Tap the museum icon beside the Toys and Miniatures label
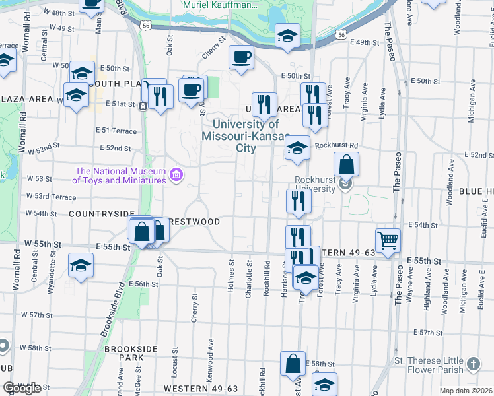click(177, 174)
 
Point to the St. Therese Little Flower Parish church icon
click(473, 364)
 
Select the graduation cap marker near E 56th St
click(81, 266)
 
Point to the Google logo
click(22, 388)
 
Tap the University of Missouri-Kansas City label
click(246, 136)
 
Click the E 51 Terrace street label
click(116, 131)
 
